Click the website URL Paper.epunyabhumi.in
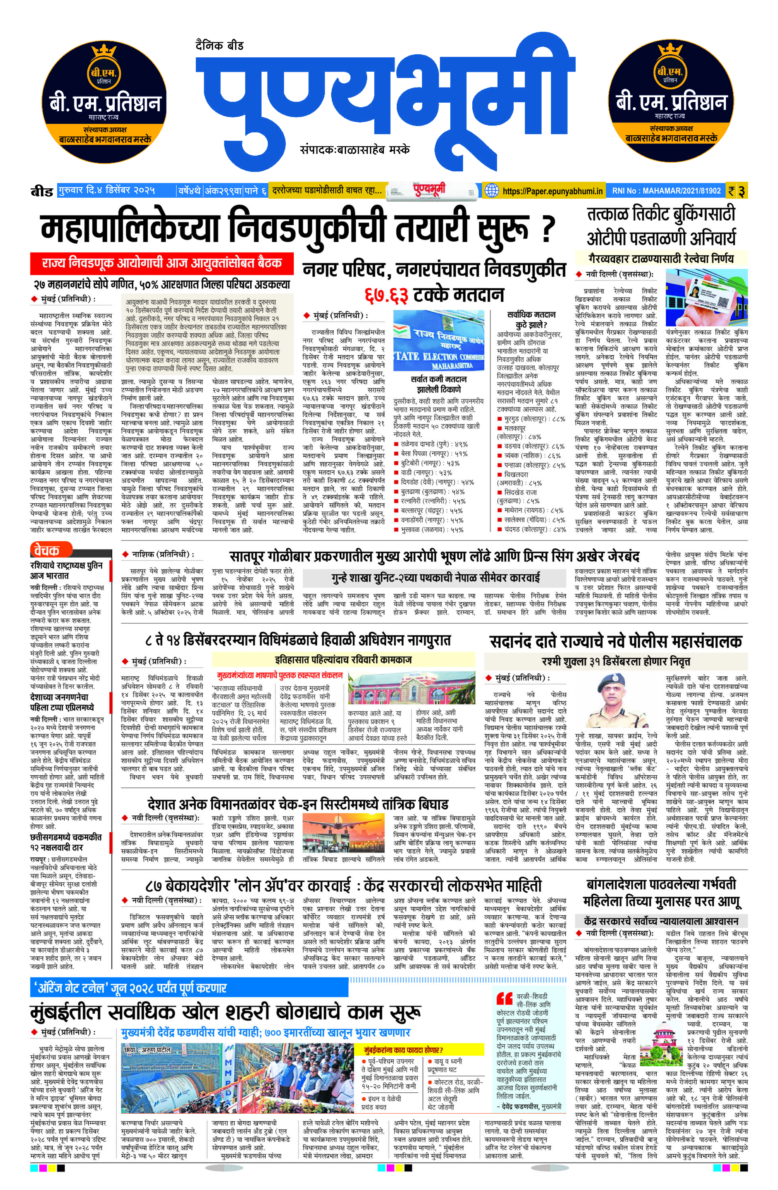pos(553,191)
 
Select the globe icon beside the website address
pos(492,191)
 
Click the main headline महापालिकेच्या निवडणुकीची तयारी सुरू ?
pos(298,229)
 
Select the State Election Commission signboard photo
pos(439,340)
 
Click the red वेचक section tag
pos(46,551)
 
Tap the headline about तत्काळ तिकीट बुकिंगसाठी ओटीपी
pos(661,226)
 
